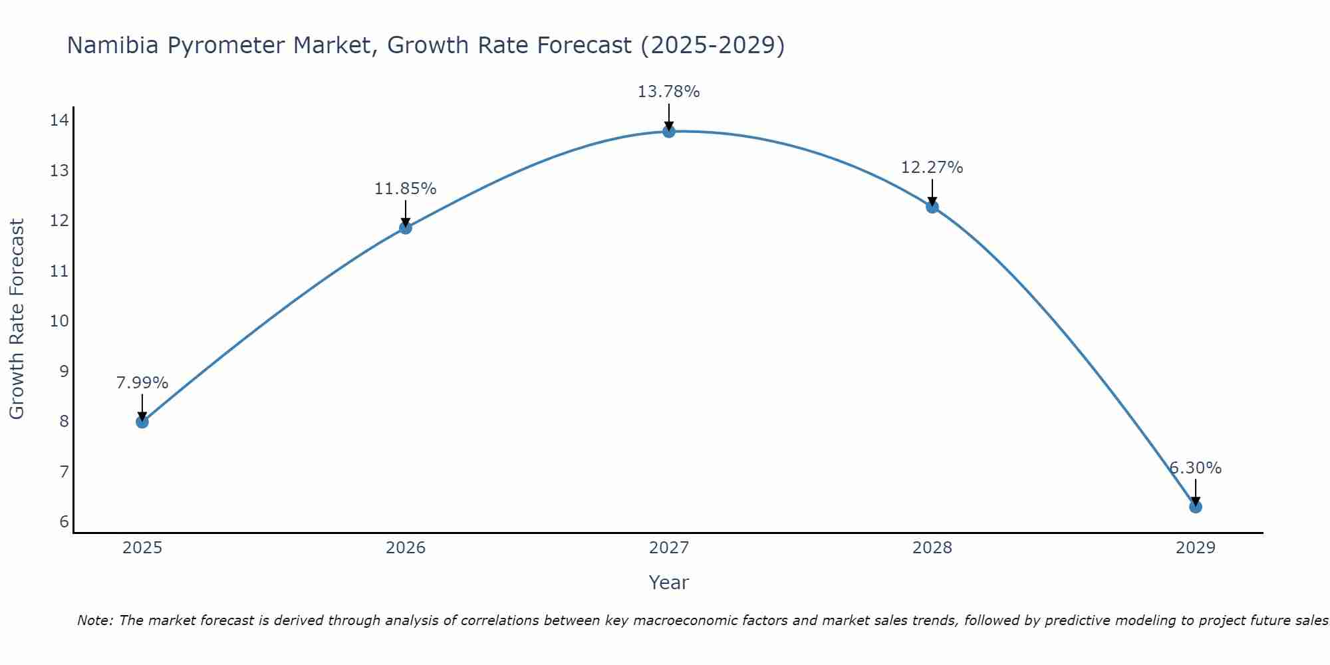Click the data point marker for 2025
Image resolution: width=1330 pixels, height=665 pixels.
click(142, 422)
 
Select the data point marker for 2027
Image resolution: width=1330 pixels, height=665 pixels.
click(669, 132)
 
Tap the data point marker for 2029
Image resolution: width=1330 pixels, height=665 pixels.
click(1195, 507)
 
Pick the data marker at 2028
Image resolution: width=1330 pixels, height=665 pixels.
click(932, 207)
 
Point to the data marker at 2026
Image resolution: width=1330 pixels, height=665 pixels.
click(405, 228)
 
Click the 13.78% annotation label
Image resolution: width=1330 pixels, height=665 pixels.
click(668, 92)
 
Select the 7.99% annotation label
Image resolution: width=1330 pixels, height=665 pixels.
click(142, 383)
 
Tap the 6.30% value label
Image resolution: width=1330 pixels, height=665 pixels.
click(1195, 468)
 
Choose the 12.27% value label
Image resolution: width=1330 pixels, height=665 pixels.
click(932, 168)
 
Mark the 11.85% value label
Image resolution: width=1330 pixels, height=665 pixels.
click(405, 189)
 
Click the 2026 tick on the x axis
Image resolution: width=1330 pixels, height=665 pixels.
click(406, 548)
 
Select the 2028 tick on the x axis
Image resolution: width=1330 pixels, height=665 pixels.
click(932, 548)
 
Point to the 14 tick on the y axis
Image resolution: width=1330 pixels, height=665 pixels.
click(59, 120)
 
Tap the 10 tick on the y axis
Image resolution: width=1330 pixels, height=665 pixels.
click(59, 321)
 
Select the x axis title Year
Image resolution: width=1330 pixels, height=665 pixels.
click(668, 583)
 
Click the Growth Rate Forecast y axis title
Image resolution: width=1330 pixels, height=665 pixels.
click(17, 319)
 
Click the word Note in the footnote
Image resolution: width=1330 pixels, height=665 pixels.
click(95, 620)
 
